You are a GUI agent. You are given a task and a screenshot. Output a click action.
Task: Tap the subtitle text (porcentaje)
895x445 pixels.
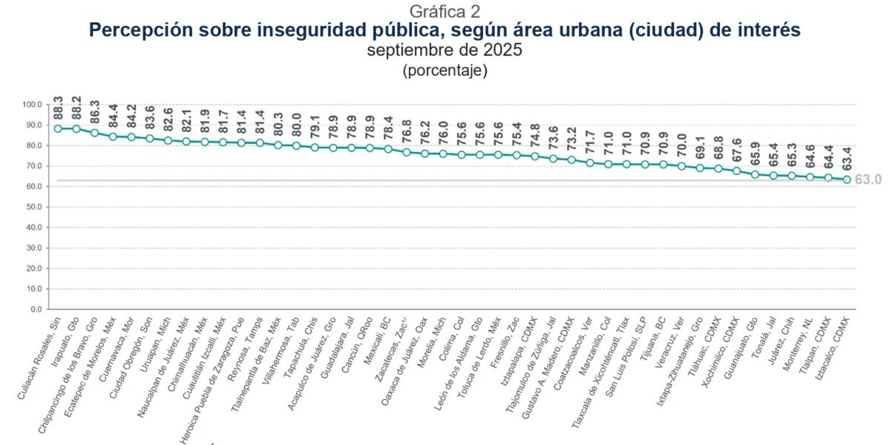click(x=445, y=71)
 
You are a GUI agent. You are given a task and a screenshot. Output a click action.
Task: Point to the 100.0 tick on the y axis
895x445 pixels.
click(x=33, y=105)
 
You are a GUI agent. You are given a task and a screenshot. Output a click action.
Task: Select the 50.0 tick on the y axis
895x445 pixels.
click(x=35, y=207)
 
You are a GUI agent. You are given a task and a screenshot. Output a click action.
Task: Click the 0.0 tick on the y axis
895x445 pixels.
click(x=37, y=309)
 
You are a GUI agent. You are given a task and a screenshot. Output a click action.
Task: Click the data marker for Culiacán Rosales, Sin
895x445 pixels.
click(x=58, y=128)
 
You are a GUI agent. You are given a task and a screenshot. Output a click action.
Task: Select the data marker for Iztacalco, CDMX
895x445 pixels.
click(x=847, y=179)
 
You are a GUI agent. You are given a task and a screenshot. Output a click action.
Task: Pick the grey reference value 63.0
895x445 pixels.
click(x=868, y=179)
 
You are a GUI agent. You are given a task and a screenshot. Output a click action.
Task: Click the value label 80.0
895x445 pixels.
click(x=297, y=123)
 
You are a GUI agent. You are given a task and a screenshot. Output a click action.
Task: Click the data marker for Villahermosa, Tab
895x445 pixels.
click(x=296, y=145)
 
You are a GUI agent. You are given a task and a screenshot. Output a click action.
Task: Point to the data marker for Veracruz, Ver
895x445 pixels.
click(x=681, y=166)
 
